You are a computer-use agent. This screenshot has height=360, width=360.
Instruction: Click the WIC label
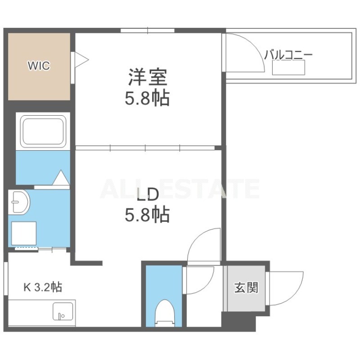[39, 66]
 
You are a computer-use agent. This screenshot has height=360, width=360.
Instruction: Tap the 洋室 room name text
[148, 77]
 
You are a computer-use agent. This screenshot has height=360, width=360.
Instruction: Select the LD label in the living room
[148, 194]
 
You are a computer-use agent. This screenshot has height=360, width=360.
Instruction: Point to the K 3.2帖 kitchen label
[43, 287]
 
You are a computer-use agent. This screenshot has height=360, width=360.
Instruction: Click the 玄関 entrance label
[246, 288]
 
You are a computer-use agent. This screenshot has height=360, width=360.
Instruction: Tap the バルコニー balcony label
[288, 55]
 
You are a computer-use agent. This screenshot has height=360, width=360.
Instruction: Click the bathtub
[43, 131]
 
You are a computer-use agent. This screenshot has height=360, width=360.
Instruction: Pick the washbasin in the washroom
[19, 202]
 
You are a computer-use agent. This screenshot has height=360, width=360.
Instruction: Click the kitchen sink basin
[63, 311]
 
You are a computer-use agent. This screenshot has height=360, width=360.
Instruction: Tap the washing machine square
[24, 233]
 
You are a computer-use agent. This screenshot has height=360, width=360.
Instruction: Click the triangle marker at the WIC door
[81, 60]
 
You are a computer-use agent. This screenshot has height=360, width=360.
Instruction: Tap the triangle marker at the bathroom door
[61, 177]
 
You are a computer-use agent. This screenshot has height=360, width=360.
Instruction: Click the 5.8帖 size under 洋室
[147, 98]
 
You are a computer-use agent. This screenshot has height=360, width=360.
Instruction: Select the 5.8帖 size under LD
[147, 215]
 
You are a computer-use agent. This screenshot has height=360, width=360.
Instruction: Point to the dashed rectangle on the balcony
[288, 67]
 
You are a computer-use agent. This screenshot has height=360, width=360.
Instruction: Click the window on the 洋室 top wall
[148, 30]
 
